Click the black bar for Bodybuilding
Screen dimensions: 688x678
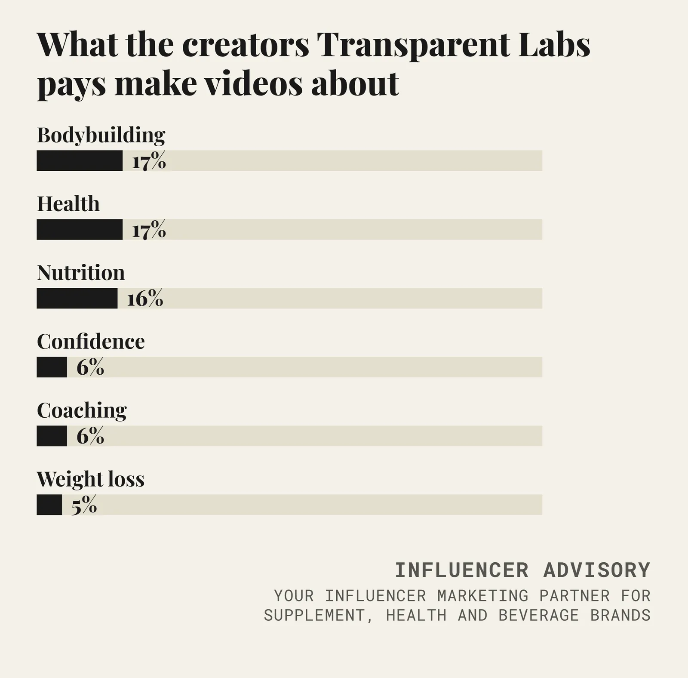click(x=80, y=160)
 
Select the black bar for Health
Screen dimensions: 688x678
click(x=80, y=229)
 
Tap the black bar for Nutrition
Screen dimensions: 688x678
click(x=77, y=298)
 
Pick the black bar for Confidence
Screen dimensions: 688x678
click(x=52, y=367)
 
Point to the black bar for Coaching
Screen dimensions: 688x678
click(x=52, y=436)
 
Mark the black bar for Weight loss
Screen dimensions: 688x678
click(x=49, y=505)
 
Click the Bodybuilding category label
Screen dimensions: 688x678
click(x=101, y=135)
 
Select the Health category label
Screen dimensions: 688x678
click(x=68, y=203)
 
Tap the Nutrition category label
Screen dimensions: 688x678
click(x=81, y=272)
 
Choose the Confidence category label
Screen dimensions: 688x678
click(x=91, y=341)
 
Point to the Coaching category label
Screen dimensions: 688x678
click(x=82, y=411)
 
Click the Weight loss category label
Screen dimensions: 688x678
click(x=90, y=479)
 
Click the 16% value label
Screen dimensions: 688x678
click(x=145, y=298)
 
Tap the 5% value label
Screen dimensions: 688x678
click(x=84, y=505)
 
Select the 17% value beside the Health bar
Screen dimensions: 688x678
click(x=149, y=229)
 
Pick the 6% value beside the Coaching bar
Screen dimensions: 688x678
click(x=90, y=436)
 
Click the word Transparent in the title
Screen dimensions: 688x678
click(x=413, y=45)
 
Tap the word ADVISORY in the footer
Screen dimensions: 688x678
click(x=597, y=570)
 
